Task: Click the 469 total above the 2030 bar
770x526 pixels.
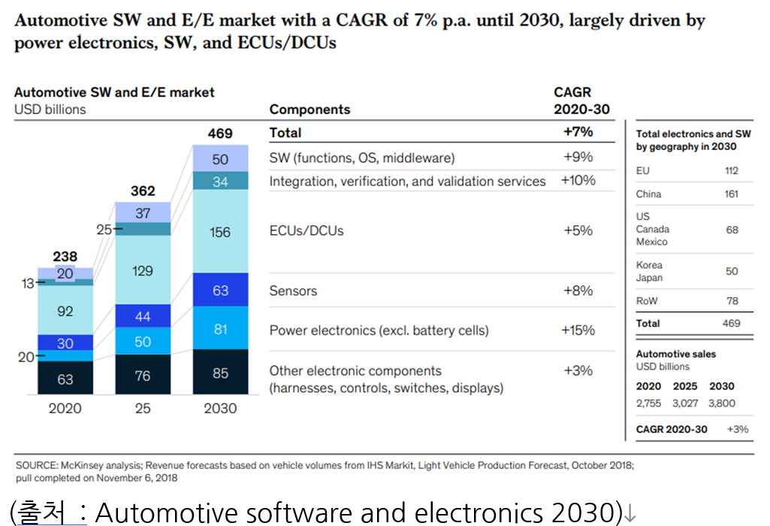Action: [220, 134]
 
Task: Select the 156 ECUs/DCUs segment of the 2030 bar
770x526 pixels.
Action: [220, 232]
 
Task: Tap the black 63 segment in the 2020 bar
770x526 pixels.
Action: [65, 379]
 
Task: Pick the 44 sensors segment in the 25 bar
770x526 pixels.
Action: [143, 317]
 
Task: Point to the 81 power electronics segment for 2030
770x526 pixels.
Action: [220, 329]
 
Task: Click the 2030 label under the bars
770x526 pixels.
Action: [220, 408]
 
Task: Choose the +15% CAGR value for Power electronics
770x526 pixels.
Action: [578, 330]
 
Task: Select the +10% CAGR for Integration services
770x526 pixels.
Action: [578, 181]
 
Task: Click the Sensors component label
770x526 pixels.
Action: [293, 290]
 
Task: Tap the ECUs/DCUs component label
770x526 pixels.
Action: [306, 230]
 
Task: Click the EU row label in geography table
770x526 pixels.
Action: [643, 171]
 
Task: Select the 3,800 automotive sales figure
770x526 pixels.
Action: [721, 403]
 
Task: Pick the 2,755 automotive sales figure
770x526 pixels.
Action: [649, 403]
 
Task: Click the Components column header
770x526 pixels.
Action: [310, 110]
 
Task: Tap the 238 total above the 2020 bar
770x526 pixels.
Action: [65, 257]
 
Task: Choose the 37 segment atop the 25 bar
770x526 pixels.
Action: [143, 213]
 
